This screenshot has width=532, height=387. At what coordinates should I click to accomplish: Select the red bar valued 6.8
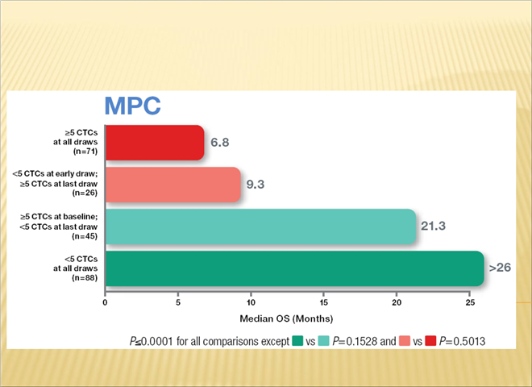(153, 142)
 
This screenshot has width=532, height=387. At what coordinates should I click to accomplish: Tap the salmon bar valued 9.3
(172, 184)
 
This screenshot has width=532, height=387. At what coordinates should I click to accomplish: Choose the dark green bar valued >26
(293, 268)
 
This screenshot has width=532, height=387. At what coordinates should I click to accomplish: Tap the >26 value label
(499, 268)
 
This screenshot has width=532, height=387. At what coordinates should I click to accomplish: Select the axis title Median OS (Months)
(287, 318)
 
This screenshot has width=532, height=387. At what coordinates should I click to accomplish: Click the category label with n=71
(75, 142)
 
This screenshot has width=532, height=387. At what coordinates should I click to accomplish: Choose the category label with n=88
(75, 268)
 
